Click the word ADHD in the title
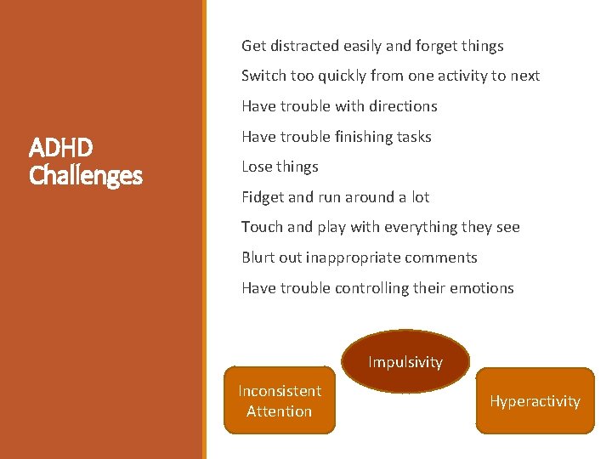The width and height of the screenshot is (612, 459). tap(61, 149)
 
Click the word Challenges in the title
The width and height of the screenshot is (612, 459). tap(85, 176)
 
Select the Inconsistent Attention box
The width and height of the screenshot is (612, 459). tap(280, 401)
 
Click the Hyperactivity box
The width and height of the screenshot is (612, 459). tap(535, 401)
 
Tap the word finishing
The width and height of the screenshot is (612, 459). tap(366, 137)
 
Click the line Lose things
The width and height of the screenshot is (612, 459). tap(280, 167)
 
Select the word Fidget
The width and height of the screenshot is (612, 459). tap(263, 197)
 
